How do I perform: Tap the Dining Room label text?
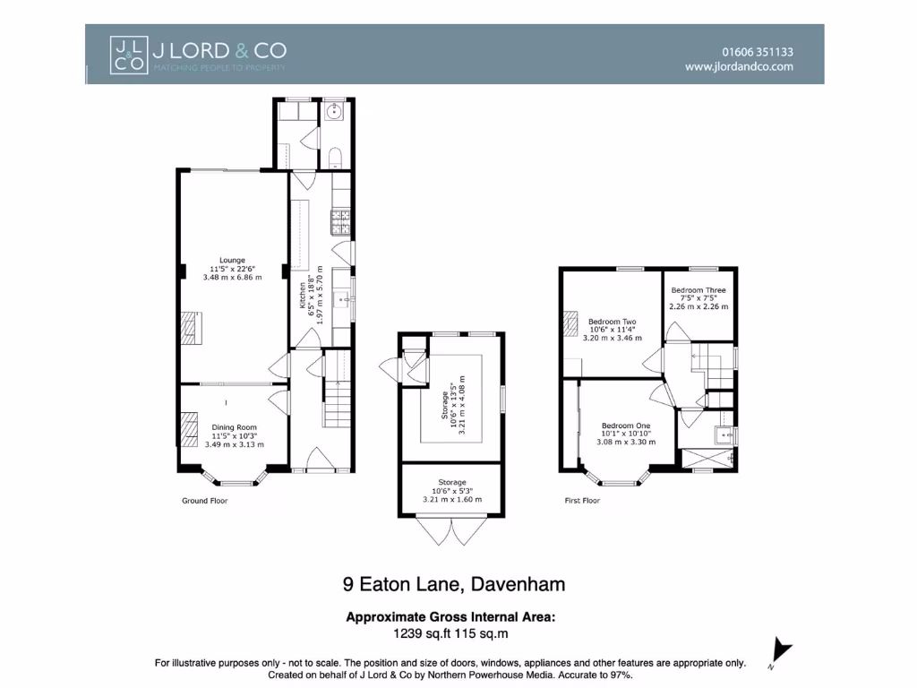[x=234, y=427]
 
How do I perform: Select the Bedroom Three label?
[x=698, y=290]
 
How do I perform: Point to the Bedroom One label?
[x=625, y=426]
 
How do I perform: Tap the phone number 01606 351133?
[x=757, y=52]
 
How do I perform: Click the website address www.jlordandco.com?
[x=739, y=66]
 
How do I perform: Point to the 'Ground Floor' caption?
[x=204, y=501]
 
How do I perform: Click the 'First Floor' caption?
[x=582, y=501]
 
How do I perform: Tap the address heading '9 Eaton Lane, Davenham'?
[x=454, y=585]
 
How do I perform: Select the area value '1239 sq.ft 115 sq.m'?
[x=451, y=633]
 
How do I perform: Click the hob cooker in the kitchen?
[x=340, y=216]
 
